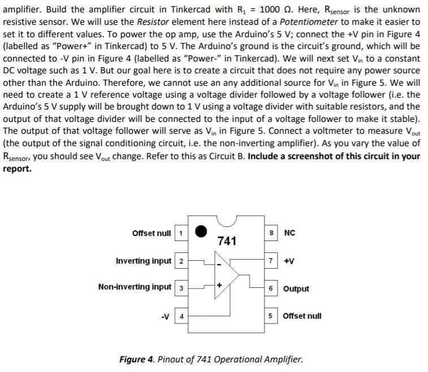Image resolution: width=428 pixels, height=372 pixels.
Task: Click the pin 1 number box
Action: [180, 234]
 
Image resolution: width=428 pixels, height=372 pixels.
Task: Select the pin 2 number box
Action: [180, 261]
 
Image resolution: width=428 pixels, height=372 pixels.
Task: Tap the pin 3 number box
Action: [180, 288]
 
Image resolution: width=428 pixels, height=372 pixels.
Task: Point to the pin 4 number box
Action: [180, 316]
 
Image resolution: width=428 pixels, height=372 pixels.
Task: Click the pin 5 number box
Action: [272, 316]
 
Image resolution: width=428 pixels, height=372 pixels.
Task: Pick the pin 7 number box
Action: [272, 261]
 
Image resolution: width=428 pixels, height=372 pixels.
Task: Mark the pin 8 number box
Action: [272, 234]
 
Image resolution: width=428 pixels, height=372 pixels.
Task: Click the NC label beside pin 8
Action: [289, 233]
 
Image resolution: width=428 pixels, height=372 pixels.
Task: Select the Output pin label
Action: [296, 288]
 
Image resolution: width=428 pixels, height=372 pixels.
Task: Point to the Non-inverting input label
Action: [135, 287]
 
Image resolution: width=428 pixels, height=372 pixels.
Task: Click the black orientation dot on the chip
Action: [201, 231]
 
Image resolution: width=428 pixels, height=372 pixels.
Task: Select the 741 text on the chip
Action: [226, 241]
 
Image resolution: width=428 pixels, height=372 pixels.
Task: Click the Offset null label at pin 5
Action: [302, 316]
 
